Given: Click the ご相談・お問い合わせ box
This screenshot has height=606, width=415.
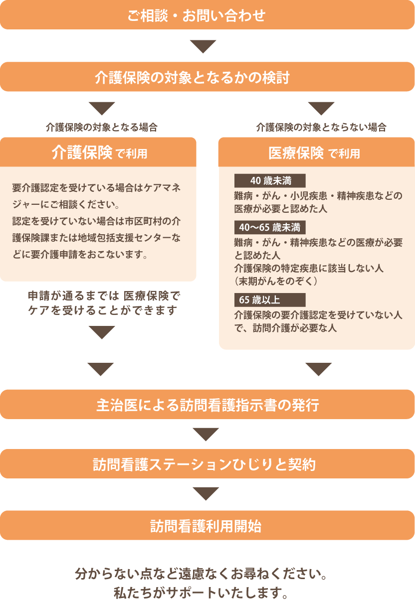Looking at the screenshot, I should click(207, 15).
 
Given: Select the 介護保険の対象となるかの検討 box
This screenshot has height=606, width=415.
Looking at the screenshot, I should click(207, 77).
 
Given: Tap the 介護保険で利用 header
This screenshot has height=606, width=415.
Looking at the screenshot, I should click(98, 152).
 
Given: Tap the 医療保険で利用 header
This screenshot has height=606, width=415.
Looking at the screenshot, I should click(316, 152).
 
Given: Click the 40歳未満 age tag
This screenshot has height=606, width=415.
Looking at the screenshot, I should click(270, 180).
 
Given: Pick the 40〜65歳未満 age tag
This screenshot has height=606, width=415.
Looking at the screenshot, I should click(270, 228).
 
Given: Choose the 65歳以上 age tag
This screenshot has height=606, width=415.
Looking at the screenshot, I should click(270, 300).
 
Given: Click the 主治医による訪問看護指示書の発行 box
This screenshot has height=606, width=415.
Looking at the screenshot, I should click(207, 405).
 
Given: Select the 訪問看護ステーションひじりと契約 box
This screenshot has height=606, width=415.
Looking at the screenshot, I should click(207, 464).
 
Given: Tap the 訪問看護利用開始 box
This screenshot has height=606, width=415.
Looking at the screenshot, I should click(207, 525).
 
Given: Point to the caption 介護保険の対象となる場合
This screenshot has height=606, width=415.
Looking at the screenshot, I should click(102, 127).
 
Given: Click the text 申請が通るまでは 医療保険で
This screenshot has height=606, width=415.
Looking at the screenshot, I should click(103, 296).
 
